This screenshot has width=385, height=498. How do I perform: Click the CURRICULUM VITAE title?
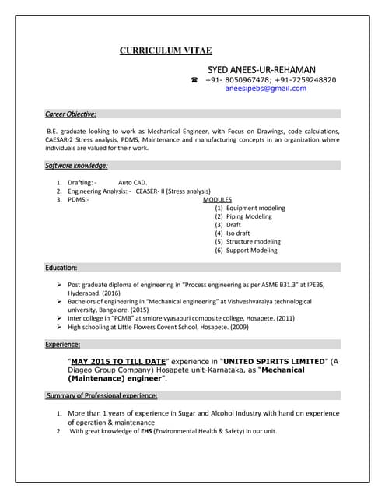pos(165,51)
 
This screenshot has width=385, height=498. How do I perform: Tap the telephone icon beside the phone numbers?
pos(194,80)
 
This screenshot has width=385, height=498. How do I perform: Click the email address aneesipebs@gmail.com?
pos(265,89)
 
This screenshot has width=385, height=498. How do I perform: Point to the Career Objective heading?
pos(71,114)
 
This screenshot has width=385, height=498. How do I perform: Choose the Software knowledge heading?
pos(76,165)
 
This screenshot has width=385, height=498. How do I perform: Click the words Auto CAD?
pos(132,182)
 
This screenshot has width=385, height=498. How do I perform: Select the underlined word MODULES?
pos(217,199)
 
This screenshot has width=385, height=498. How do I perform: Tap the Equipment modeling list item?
pos(250,208)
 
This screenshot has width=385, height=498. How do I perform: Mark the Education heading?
pos(61,268)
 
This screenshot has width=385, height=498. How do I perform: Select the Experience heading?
pos(63,343)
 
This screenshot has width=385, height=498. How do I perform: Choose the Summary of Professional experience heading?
pos(101,395)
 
